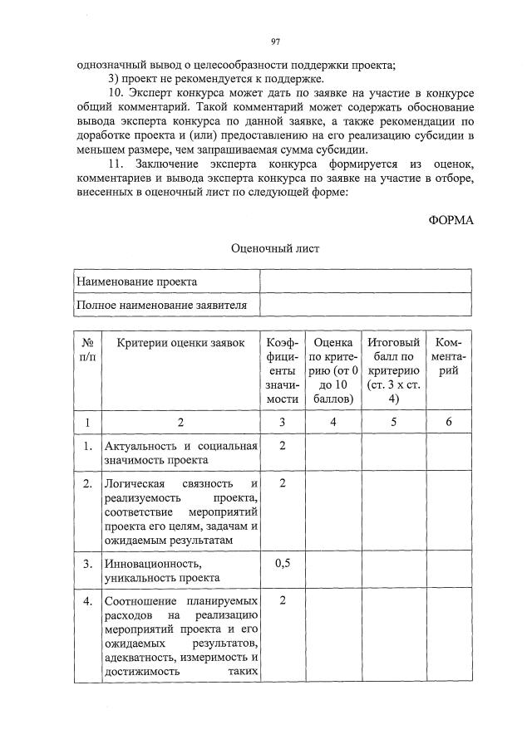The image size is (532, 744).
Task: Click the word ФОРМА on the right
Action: pos(451,220)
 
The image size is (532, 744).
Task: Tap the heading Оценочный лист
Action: pos(274,247)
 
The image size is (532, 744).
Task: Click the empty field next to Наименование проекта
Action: pos(366,282)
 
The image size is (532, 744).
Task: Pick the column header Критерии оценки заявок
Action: pos(180,343)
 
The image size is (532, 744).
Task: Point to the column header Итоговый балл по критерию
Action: pos(393,370)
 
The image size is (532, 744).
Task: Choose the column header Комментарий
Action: pos(449,356)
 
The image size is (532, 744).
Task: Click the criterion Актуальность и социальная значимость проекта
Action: pos(180,453)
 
